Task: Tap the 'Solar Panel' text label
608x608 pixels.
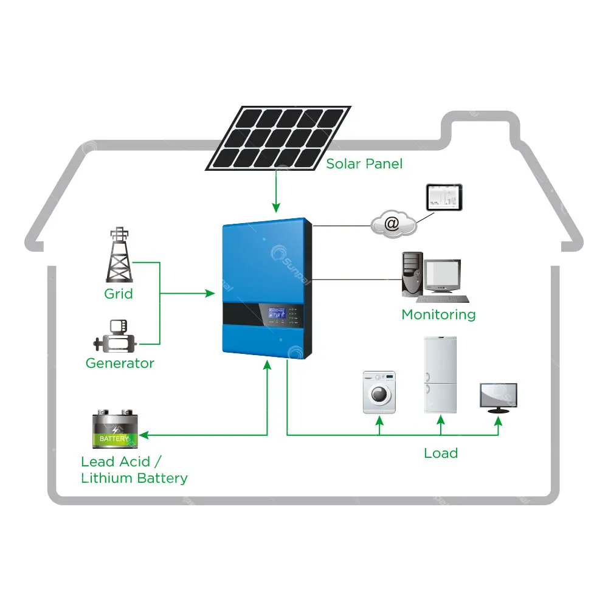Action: (x=364, y=164)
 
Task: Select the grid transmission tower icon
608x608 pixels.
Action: (x=119, y=255)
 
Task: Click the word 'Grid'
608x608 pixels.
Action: (x=119, y=294)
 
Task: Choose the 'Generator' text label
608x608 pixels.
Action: (x=120, y=363)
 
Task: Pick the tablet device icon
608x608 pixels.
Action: (x=444, y=198)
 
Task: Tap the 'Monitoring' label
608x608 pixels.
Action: (x=438, y=314)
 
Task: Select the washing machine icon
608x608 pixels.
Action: (x=379, y=393)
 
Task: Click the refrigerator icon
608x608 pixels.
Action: (x=440, y=375)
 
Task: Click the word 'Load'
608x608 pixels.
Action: (x=441, y=453)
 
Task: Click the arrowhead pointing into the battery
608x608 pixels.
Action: (x=145, y=435)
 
